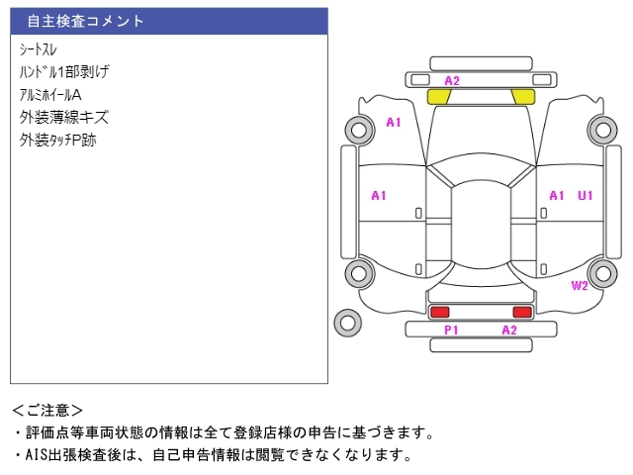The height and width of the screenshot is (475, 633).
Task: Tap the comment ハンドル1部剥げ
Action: (x=63, y=71)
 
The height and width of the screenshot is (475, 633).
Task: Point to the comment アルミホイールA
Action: (x=50, y=94)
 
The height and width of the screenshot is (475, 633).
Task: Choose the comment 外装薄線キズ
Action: (x=63, y=117)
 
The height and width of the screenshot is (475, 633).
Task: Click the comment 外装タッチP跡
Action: (x=57, y=140)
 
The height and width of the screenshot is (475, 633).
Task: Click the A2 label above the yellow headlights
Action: (x=452, y=80)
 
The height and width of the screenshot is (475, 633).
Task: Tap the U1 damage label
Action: (x=586, y=196)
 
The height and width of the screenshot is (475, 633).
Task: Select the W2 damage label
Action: (x=580, y=286)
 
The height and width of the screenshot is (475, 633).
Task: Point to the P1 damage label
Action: (x=451, y=330)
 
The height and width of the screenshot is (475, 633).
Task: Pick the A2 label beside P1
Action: (x=509, y=330)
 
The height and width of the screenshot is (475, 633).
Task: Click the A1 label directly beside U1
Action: (x=557, y=196)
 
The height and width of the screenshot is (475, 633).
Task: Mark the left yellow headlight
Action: (x=438, y=97)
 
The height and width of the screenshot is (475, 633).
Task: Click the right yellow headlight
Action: (x=521, y=97)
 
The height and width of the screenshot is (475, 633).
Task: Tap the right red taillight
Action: (x=521, y=312)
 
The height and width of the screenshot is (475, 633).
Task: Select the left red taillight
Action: (x=439, y=312)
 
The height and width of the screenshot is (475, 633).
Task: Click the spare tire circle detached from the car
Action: (x=347, y=322)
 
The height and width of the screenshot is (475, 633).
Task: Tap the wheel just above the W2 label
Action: (x=601, y=273)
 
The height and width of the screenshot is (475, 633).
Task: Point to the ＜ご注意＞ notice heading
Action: (x=48, y=410)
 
